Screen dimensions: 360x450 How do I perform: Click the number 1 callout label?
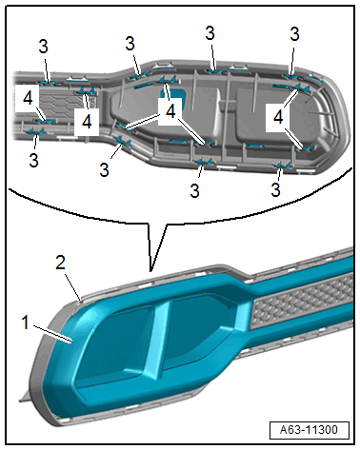(x=25, y=323)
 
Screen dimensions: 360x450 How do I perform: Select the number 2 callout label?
(x=60, y=263)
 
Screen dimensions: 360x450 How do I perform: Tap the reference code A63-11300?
(x=309, y=430)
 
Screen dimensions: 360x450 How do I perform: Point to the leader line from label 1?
(x=52, y=334)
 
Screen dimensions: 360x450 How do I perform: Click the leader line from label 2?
(x=73, y=286)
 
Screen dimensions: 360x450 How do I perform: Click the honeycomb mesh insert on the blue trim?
(x=302, y=300)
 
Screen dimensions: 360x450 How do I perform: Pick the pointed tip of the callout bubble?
(x=151, y=271)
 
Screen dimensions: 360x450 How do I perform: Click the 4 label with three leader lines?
(x=170, y=111)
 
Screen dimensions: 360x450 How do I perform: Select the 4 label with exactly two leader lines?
(x=278, y=117)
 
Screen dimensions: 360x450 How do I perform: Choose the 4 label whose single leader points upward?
(x=87, y=122)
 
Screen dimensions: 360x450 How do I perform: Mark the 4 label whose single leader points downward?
(x=28, y=98)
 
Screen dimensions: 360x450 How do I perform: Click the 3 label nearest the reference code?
(x=275, y=189)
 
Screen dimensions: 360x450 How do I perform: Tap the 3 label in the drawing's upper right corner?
(x=294, y=34)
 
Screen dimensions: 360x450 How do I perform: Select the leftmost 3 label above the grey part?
(x=43, y=47)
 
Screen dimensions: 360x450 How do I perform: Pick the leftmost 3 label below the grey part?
(x=33, y=160)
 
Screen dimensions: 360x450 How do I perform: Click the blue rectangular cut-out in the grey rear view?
(x=174, y=95)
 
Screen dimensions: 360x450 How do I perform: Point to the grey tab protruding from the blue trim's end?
(x=26, y=396)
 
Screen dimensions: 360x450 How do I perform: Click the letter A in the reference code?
(x=284, y=430)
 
